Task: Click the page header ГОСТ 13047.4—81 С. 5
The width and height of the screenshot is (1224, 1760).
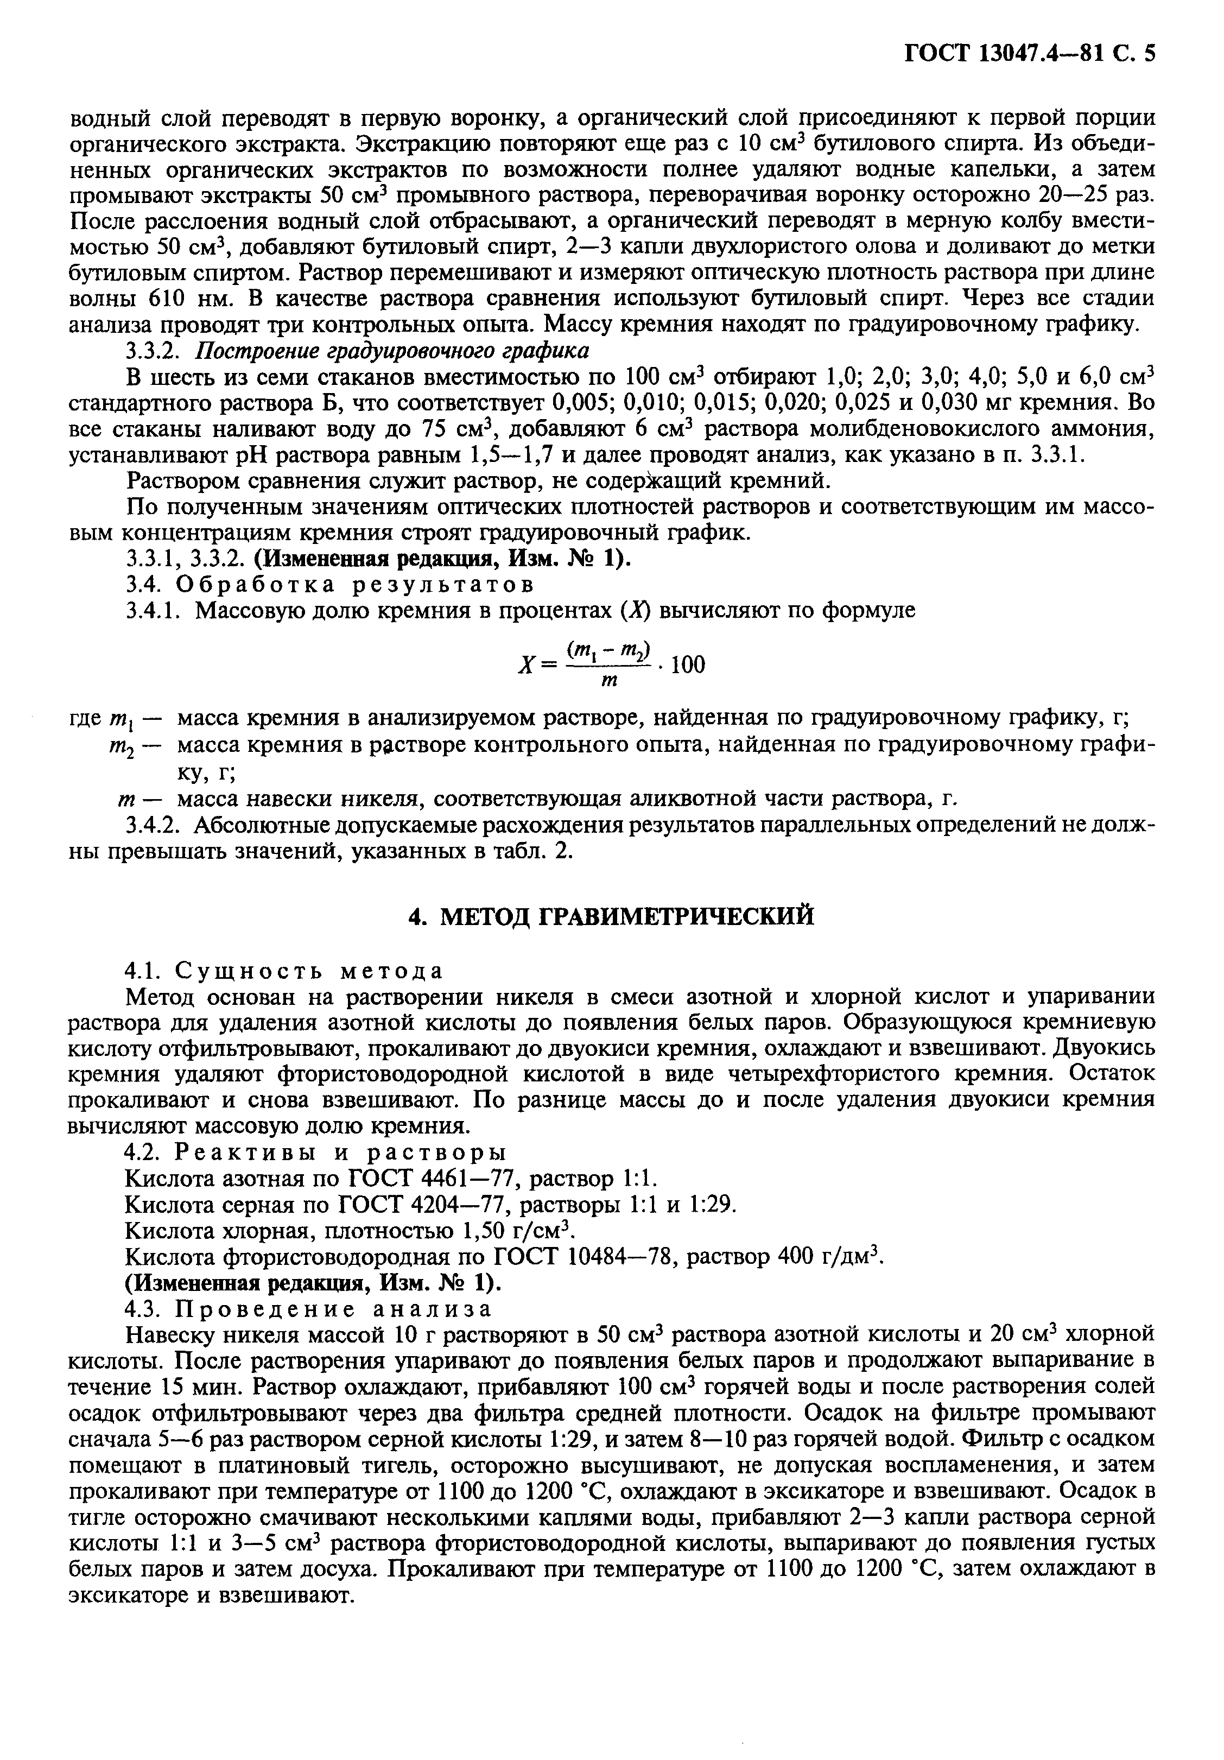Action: [1029, 54]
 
